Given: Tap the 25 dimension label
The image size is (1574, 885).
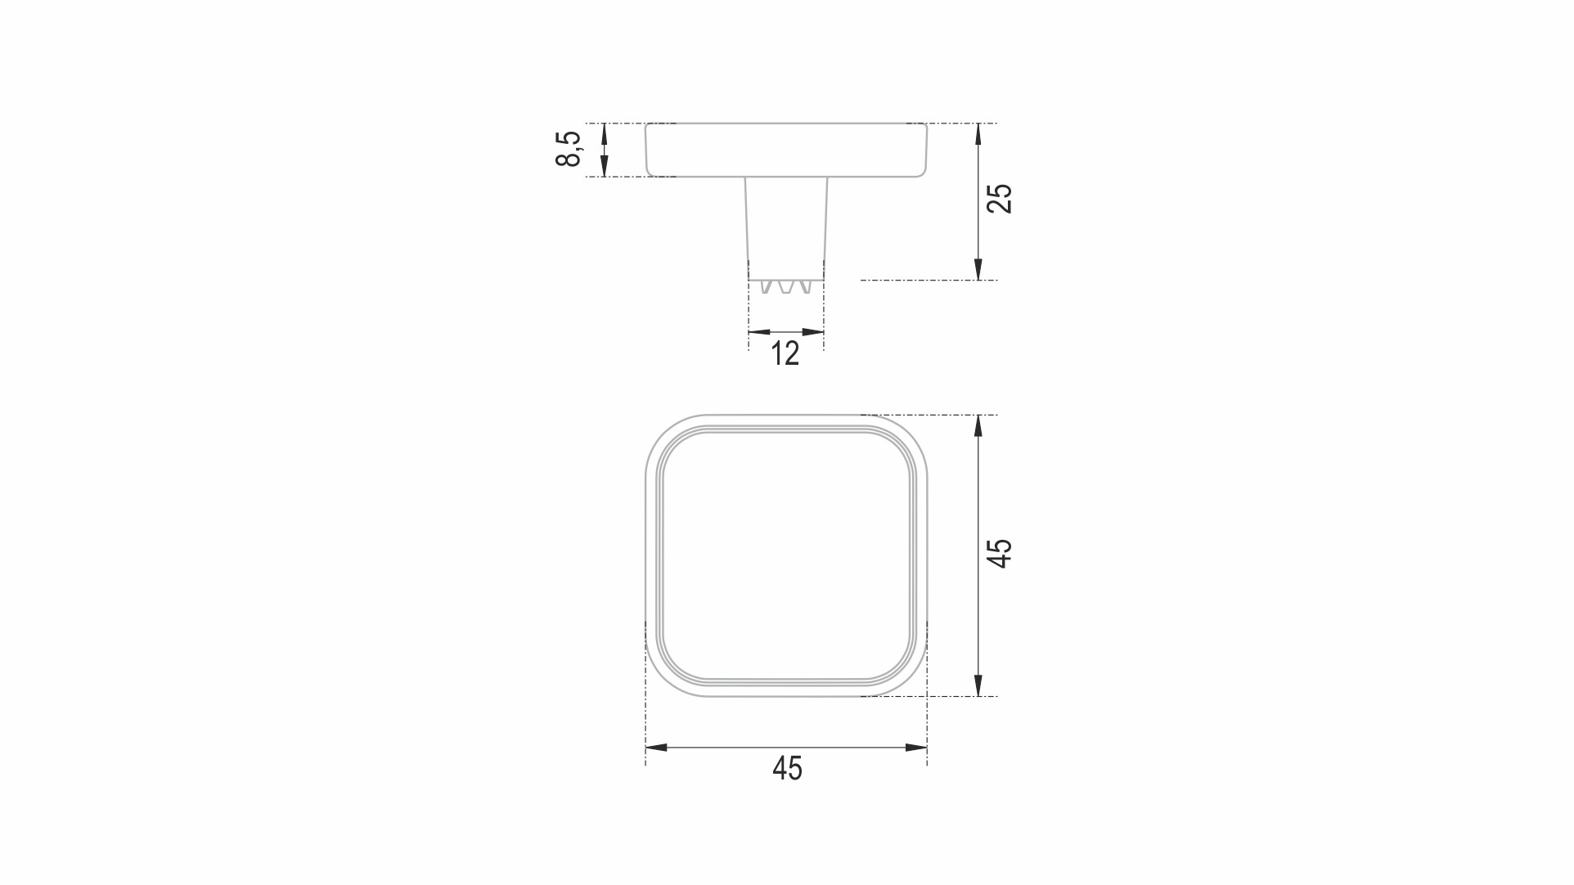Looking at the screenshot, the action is pyautogui.click(x=1000, y=199).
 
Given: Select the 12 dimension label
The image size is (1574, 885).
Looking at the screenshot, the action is pyautogui.click(x=785, y=353).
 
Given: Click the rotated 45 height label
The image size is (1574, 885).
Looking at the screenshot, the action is pyautogui.click(x=1000, y=553).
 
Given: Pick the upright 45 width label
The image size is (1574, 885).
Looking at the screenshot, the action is pyautogui.click(x=787, y=768).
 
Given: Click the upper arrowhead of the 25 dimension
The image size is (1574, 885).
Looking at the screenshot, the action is pyautogui.click(x=978, y=134).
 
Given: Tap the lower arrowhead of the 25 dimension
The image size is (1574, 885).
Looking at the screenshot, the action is pyautogui.click(x=978, y=269).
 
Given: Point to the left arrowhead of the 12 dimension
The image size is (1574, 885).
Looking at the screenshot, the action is pyautogui.click(x=759, y=332).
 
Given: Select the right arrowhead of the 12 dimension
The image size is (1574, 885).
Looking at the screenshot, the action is pyautogui.click(x=812, y=332).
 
